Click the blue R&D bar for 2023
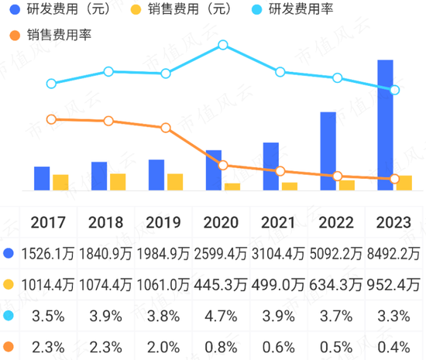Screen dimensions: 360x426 pos(385,125)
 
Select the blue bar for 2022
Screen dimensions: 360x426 pos(328,151)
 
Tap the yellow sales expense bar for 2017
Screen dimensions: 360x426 pos(60,182)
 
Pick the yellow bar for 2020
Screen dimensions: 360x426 pos(232,187)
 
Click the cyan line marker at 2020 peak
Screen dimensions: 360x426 pos(223,45)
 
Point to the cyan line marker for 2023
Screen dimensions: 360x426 pos(395,90)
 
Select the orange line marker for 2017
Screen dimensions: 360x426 pos(51,118)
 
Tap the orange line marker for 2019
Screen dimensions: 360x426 pos(166,128)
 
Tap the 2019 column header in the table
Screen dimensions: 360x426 pos(163,223)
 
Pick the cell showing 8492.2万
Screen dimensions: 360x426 pos(393,253)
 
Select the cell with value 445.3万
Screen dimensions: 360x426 pos(222,283)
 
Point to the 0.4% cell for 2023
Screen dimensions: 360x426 pos(393,345)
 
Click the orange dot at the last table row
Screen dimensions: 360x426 pos(9,345)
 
